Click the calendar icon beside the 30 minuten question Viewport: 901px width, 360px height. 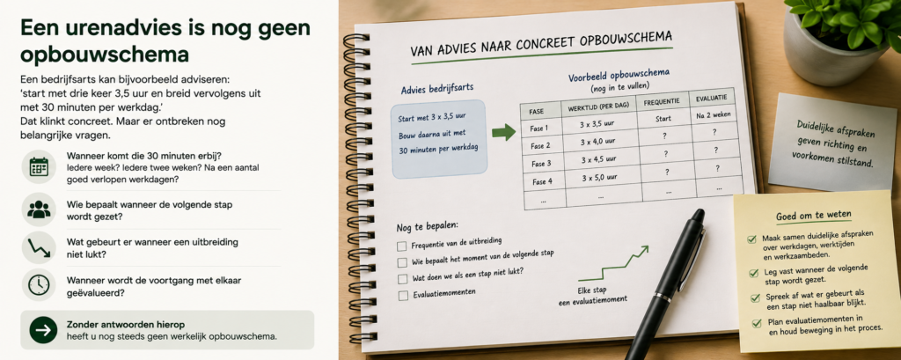[39, 167]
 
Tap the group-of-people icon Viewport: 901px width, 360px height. [39, 209]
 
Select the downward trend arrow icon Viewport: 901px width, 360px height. [39, 247]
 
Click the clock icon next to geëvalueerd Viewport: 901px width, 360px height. [39, 284]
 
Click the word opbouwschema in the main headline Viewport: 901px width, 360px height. [105, 54]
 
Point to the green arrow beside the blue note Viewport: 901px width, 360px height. [504, 132]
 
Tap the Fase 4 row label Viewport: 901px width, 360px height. [541, 181]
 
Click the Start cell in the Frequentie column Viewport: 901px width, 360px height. [663, 120]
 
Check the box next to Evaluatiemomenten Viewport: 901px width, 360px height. [401, 296]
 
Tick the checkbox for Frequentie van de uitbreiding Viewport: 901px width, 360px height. [401, 246]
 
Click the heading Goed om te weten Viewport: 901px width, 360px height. [813, 217]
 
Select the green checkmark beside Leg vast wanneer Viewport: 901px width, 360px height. [753, 273]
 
